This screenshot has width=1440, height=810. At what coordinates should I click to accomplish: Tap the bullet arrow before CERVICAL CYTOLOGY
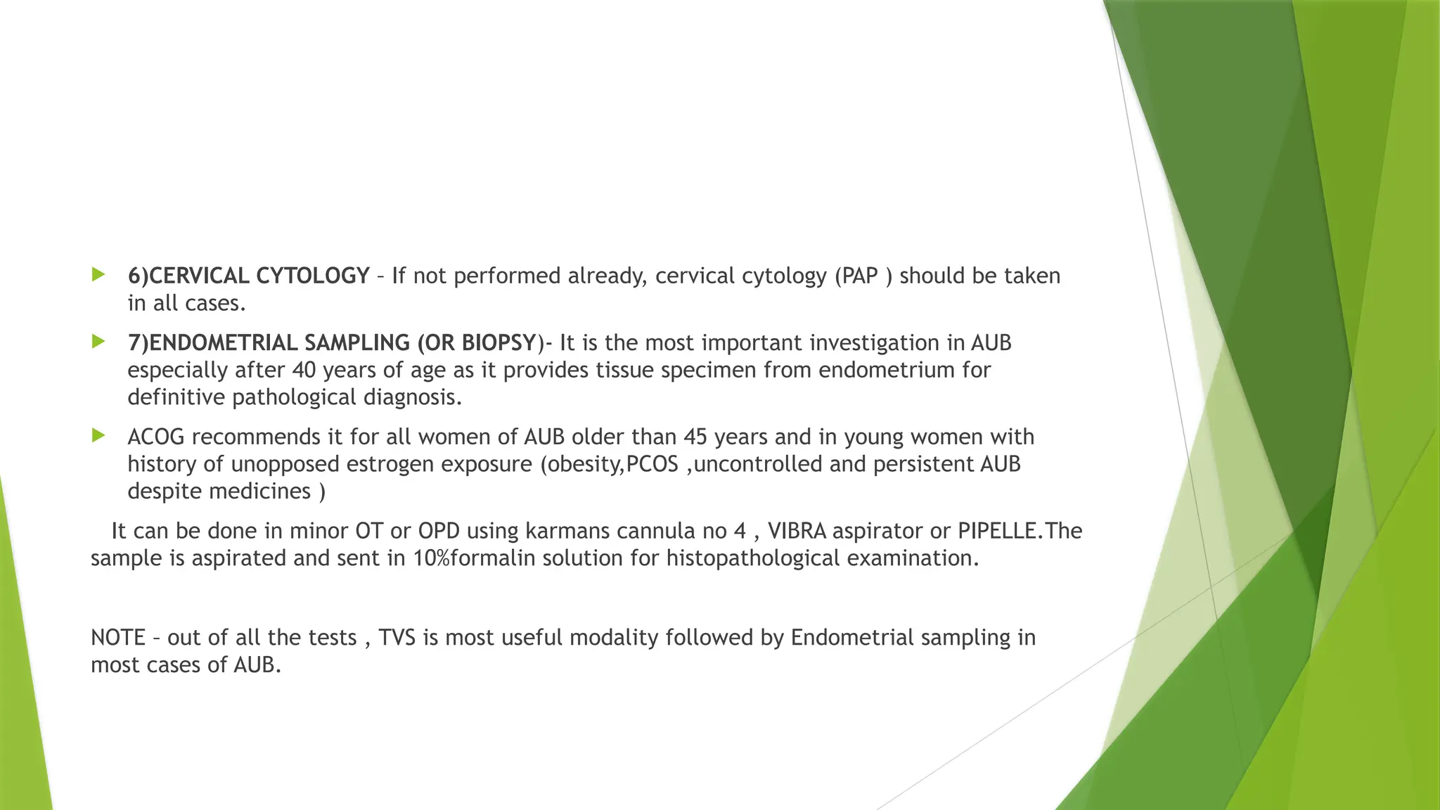98,274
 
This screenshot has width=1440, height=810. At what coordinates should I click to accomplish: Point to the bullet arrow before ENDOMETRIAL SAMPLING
98,342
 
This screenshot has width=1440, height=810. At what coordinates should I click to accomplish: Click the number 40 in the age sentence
304,370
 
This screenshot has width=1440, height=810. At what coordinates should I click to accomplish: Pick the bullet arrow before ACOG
98,436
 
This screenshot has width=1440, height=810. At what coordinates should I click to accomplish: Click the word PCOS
652,464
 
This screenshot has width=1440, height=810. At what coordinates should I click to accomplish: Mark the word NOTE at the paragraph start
117,637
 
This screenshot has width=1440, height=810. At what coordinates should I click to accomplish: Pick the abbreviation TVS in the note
397,637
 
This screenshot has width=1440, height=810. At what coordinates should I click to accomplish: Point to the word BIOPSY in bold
499,342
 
